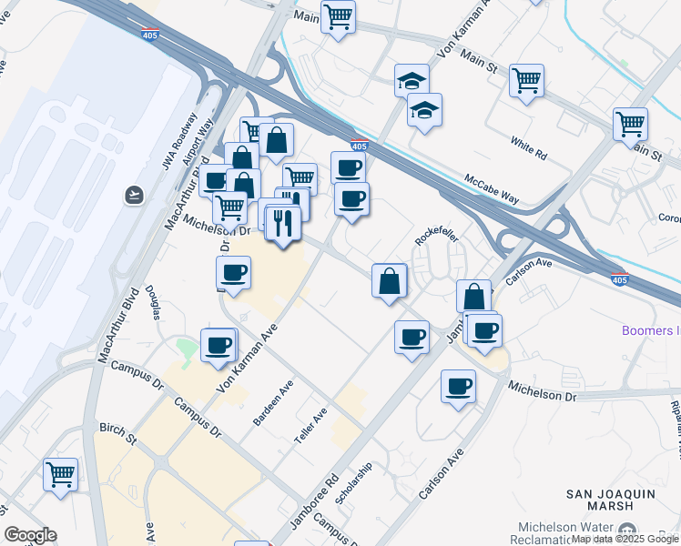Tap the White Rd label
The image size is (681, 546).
[528, 149]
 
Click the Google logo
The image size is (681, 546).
[30, 535]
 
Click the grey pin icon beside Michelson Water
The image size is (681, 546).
[626, 531]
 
